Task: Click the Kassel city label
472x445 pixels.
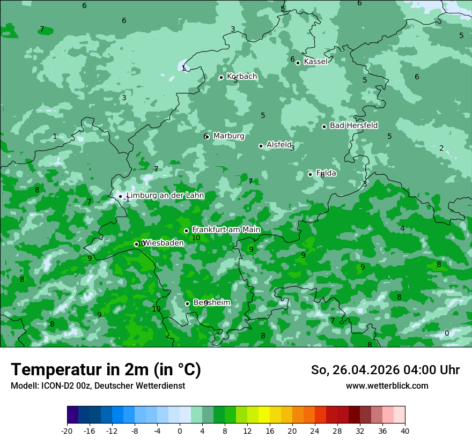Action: pyautogui.click(x=315, y=62)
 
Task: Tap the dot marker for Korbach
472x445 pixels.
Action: pyautogui.click(x=221, y=77)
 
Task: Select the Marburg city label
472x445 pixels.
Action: pyautogui.click(x=228, y=136)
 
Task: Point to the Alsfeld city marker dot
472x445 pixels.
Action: pyautogui.click(x=261, y=146)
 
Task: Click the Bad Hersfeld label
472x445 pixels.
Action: pyautogui.click(x=353, y=125)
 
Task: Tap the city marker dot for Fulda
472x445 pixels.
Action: pyautogui.click(x=310, y=174)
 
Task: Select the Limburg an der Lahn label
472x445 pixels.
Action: pyautogui.click(x=165, y=196)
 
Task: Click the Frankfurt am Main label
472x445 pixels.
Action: pyautogui.click(x=226, y=229)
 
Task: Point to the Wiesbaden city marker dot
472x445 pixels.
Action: pyautogui.click(x=136, y=244)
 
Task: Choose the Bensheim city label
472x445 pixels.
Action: pyautogui.click(x=211, y=303)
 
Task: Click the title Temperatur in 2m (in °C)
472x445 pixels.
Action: pyautogui.click(x=106, y=370)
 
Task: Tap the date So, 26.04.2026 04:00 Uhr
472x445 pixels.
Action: pyautogui.click(x=385, y=370)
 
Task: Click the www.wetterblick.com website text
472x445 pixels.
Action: pyautogui.click(x=387, y=386)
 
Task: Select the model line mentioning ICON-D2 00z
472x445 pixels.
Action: pyautogui.click(x=98, y=386)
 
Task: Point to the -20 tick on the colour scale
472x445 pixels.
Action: pyautogui.click(x=67, y=431)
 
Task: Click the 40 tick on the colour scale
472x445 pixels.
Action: pyautogui.click(x=405, y=431)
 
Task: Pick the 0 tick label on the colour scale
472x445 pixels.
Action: pyautogui.click(x=180, y=431)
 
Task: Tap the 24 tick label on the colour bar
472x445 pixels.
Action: pyautogui.click(x=315, y=431)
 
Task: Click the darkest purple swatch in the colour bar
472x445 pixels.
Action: pyautogui.click(x=73, y=415)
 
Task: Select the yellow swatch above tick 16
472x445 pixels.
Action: pyautogui.click(x=264, y=415)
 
